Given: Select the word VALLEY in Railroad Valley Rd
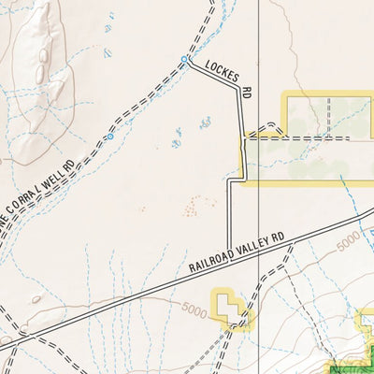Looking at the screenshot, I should tap(250, 248).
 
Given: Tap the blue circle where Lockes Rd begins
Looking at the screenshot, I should tap(183, 59).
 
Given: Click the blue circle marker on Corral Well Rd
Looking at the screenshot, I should tap(110, 137).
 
